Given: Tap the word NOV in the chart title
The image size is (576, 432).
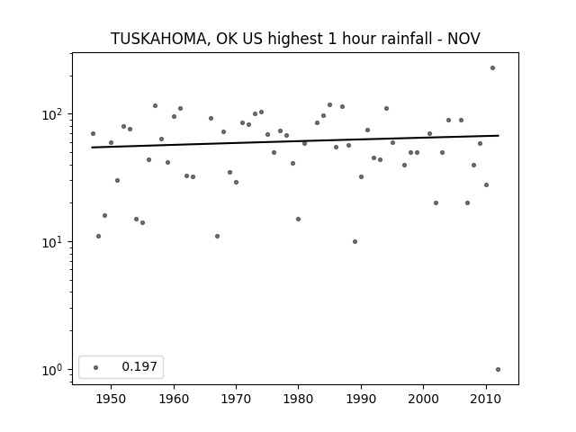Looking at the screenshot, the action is [x=463, y=39].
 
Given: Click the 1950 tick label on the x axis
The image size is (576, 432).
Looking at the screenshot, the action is [x=111, y=399].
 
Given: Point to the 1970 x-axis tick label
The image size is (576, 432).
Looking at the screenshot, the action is [x=236, y=399].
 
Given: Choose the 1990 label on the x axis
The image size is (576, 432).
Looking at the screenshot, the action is [x=361, y=399].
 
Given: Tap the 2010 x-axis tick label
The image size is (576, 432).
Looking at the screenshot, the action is [x=486, y=399].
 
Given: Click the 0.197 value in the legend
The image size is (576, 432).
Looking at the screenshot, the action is [x=139, y=366].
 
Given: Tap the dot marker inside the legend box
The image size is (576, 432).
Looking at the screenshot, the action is [x=96, y=367].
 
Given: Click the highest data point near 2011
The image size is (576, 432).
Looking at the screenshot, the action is [x=492, y=68].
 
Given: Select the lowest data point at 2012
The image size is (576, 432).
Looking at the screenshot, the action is [x=498, y=370].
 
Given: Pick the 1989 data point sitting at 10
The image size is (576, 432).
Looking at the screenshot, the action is [x=355, y=242].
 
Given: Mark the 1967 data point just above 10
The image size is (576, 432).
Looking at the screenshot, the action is [x=217, y=236].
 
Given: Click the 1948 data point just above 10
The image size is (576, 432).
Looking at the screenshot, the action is [x=98, y=236].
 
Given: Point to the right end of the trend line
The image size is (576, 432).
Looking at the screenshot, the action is [x=499, y=136].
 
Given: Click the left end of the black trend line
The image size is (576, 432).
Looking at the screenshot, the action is [x=92, y=148].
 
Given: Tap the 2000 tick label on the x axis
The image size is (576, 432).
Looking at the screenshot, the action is [x=424, y=399].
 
